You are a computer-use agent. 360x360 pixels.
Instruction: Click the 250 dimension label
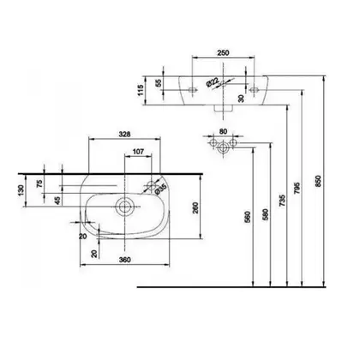click(x=223, y=53)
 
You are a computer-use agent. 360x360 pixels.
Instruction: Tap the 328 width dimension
click(x=124, y=134)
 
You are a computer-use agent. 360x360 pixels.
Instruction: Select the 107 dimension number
click(x=138, y=152)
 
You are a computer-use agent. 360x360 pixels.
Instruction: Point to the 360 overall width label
click(x=125, y=260)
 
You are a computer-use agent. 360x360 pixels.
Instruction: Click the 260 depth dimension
click(x=195, y=207)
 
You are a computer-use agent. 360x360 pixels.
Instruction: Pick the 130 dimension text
click(x=21, y=190)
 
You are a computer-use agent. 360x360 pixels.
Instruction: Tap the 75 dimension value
click(x=39, y=183)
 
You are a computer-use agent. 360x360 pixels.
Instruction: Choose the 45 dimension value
click(x=57, y=201)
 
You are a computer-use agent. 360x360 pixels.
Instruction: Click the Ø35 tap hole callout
click(x=161, y=189)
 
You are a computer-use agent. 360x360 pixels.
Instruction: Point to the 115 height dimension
click(x=141, y=90)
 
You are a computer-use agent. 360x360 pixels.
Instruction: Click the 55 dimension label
click(x=159, y=82)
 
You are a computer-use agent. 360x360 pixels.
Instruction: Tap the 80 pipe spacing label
click(x=223, y=131)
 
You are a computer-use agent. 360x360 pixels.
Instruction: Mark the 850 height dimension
click(x=319, y=181)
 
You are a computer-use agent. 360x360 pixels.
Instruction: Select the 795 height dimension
click(x=297, y=188)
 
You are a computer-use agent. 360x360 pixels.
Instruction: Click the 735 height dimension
click(x=282, y=201)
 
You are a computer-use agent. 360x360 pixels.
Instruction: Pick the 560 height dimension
click(x=248, y=217)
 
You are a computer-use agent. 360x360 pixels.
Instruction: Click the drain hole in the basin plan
click(x=124, y=207)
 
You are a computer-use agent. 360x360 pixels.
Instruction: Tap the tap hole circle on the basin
click(x=151, y=186)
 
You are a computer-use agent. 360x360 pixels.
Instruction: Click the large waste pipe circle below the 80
click(x=223, y=148)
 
